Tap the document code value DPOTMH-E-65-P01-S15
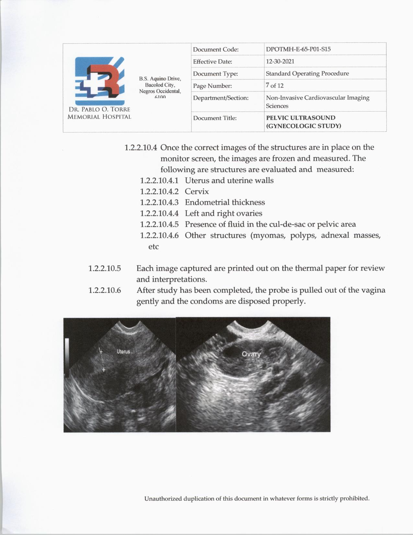coord(298,49)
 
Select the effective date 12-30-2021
coord(280,61)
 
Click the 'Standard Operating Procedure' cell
coord(307,73)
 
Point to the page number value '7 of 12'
coord(274,86)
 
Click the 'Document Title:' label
coord(215,118)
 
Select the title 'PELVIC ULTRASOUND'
coord(301,118)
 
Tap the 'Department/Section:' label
coord(221,98)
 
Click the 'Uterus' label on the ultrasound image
coord(123,351)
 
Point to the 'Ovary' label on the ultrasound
coord(251,354)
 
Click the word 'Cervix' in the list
coord(197,192)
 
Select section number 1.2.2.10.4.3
coord(159,203)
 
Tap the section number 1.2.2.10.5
coord(105,268)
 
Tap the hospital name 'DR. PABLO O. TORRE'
coord(99,110)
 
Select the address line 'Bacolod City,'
coord(160,85)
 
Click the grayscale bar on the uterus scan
coord(67,358)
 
